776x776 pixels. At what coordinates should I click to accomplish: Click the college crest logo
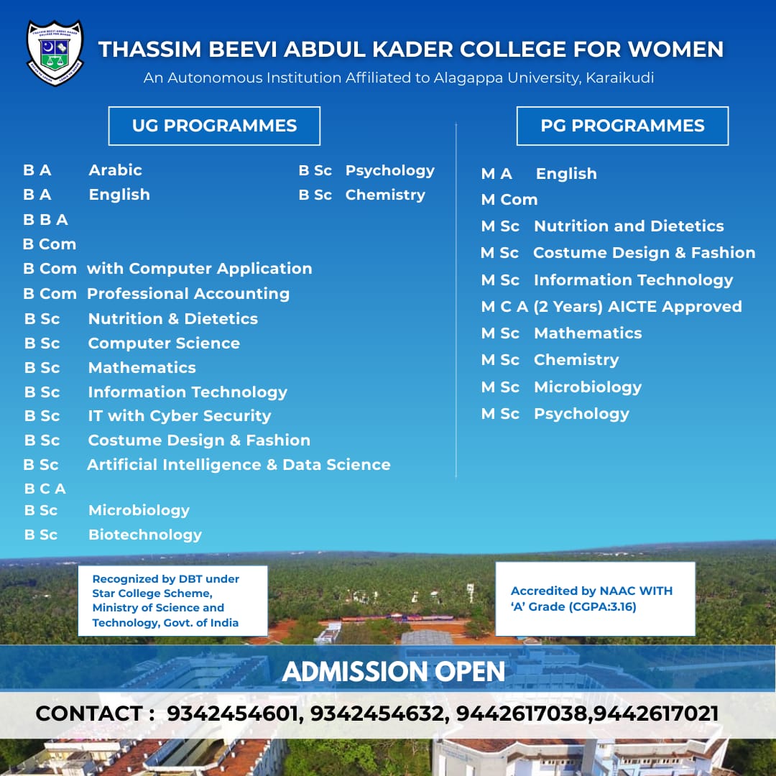click(55, 52)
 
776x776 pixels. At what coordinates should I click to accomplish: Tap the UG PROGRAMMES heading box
click(214, 126)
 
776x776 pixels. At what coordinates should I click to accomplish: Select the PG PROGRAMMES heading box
click(622, 126)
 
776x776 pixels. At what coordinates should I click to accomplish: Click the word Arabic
click(115, 170)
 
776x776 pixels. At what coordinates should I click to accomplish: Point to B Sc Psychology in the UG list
click(366, 171)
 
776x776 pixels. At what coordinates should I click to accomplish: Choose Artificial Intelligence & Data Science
click(239, 465)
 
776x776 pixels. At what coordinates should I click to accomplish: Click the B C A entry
click(45, 489)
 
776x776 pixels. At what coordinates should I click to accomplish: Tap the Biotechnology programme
click(144, 535)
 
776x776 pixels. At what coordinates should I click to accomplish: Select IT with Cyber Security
click(179, 416)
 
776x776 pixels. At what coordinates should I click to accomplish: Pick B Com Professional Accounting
click(156, 294)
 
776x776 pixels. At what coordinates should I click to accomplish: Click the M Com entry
click(509, 200)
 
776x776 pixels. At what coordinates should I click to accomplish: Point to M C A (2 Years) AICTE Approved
click(611, 307)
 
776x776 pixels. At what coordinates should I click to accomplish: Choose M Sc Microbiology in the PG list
click(561, 387)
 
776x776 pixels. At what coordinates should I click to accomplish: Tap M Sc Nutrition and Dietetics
click(602, 226)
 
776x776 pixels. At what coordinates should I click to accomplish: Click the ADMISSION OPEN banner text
click(394, 672)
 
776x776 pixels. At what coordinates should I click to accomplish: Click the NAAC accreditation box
click(595, 599)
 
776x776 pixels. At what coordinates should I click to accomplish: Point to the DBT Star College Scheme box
click(172, 601)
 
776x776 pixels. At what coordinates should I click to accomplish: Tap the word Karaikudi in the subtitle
click(619, 78)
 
